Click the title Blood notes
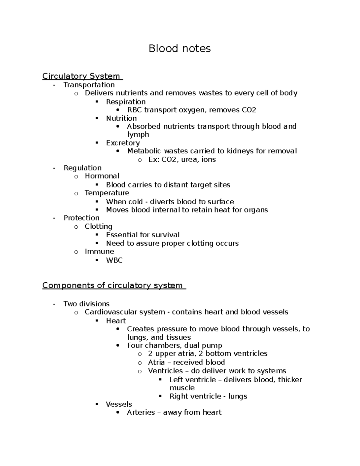(x=180, y=48)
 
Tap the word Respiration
(x=126, y=102)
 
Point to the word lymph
(x=138, y=134)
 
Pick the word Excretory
(x=123, y=143)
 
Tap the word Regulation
(x=82, y=168)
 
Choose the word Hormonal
(x=102, y=176)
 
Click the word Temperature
(x=107, y=193)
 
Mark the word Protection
(x=81, y=218)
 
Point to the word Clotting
(x=98, y=226)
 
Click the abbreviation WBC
(x=114, y=260)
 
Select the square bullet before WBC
(x=97, y=260)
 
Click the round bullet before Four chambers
(x=118, y=346)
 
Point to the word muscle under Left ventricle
(x=182, y=388)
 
